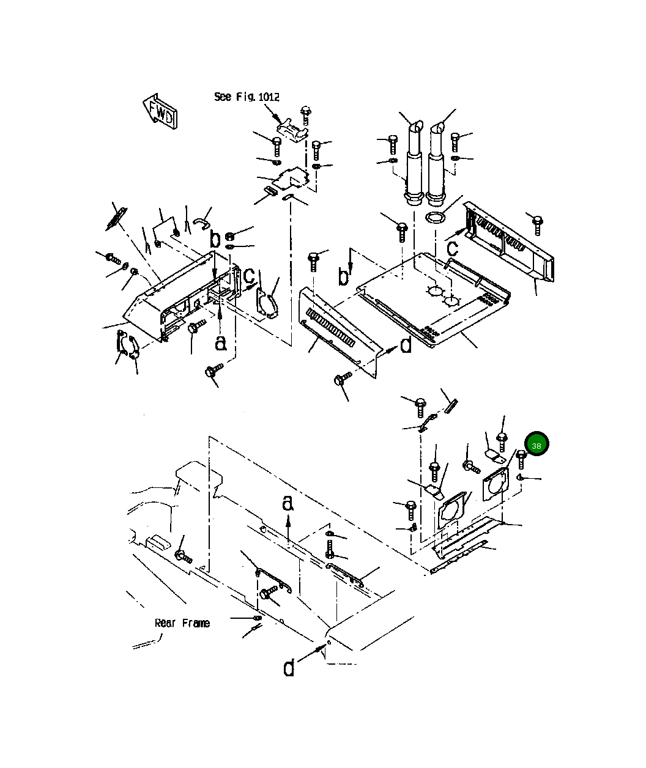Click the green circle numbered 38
536,445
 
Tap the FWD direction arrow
161,111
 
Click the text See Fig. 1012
247,97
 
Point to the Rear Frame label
182,623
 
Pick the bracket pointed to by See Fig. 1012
291,130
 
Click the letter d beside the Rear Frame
289,668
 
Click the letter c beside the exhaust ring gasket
452,248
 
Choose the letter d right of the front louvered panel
406,346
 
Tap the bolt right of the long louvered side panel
537,224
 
